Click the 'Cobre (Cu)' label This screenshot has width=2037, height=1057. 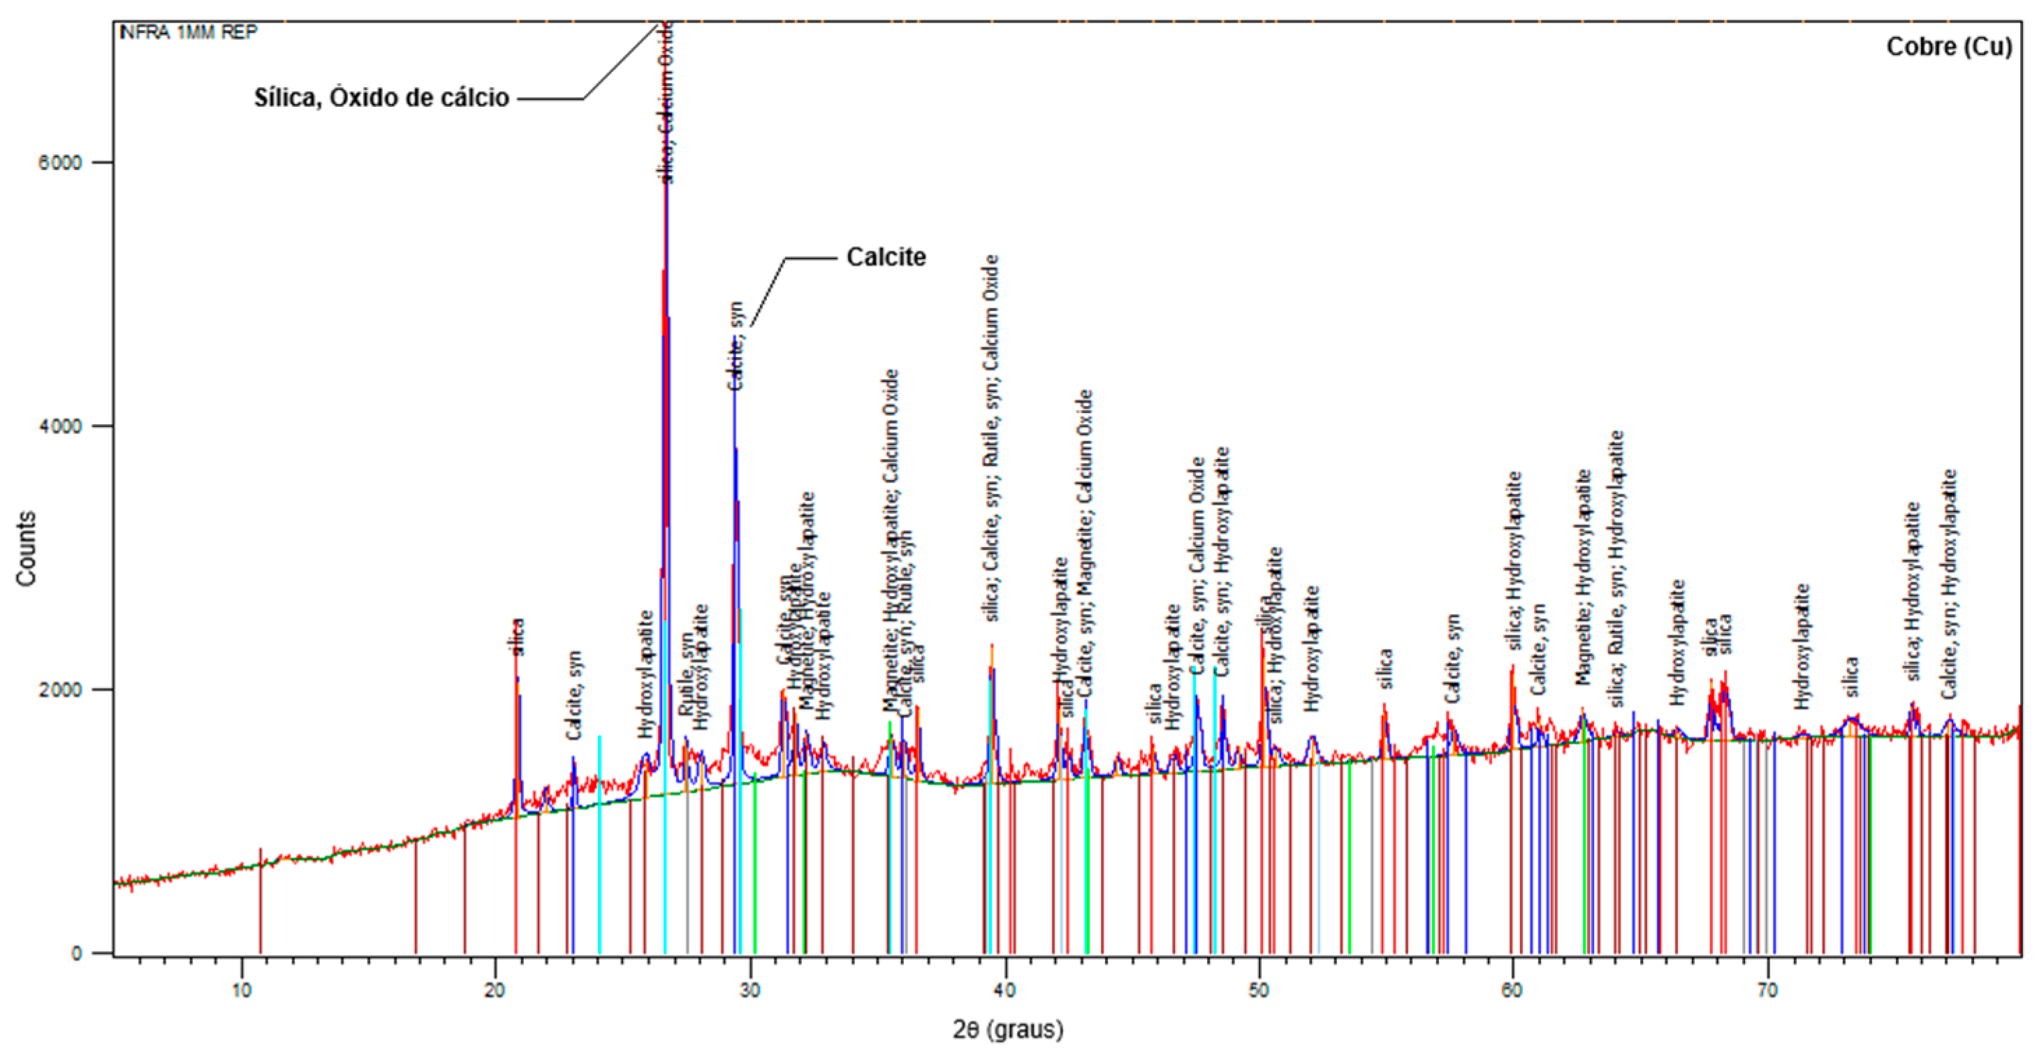pos(1948,47)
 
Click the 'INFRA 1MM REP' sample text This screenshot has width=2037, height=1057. pos(188,31)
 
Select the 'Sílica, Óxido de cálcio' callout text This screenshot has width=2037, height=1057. pos(381,97)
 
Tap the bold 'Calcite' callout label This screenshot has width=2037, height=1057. pos(886,257)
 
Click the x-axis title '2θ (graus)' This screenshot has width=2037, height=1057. pos(1008,1029)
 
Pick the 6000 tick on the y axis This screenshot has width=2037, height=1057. pos(60,162)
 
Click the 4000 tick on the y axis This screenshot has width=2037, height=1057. pos(60,425)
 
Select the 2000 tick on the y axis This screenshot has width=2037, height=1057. pos(60,689)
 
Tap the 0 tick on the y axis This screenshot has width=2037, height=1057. pos(77,953)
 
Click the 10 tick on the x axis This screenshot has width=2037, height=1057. pos(241,991)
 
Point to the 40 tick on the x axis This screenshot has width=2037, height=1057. pos(1005,991)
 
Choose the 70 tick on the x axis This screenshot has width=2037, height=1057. pos(1767,991)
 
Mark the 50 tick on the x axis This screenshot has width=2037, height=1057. pos(1259,991)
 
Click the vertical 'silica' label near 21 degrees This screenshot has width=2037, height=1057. pos(517,637)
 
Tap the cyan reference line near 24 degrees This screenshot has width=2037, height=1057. pos(599,846)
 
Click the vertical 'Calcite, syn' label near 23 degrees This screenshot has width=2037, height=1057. pos(575,696)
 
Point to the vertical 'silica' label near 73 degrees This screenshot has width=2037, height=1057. pos(1851,677)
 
